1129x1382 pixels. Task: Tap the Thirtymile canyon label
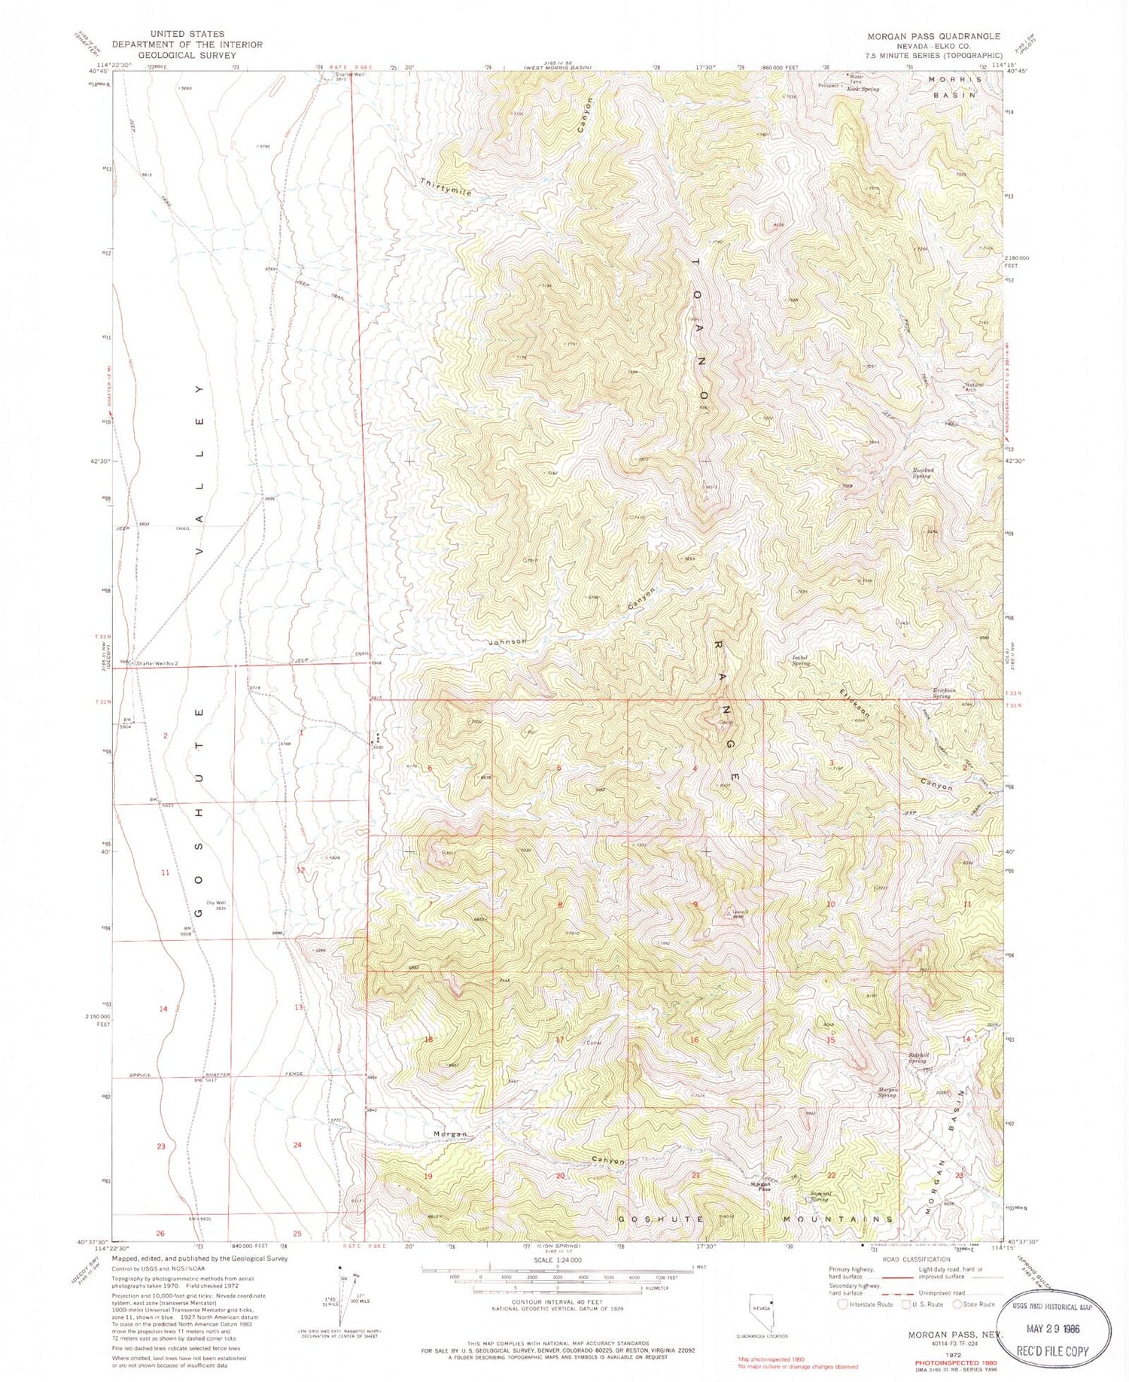tap(446, 187)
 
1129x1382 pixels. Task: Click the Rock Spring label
tap(863, 89)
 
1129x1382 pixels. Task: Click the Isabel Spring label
tap(801, 660)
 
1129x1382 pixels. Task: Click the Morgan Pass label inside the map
tap(759, 1186)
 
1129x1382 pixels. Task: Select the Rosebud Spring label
tap(924, 473)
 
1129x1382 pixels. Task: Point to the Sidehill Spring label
tap(916, 1058)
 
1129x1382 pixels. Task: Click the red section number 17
tap(560, 1040)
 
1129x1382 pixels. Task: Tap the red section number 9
tap(695, 904)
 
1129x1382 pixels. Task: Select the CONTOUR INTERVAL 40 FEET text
tap(557, 1301)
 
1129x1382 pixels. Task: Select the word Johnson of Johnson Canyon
tap(507, 641)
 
